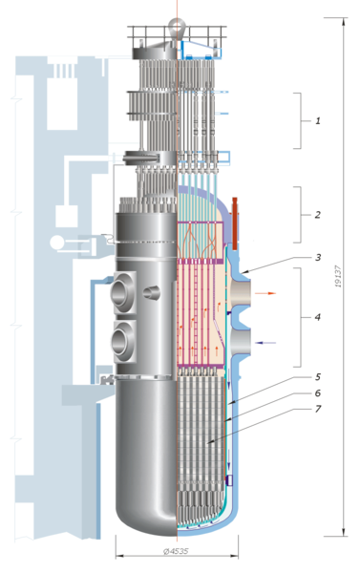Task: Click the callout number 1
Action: coord(318,121)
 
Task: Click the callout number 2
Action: coord(318,215)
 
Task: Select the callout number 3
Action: coord(318,257)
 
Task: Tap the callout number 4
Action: coord(318,316)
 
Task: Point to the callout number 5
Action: coord(318,376)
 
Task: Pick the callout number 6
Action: coord(318,393)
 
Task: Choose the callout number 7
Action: coord(318,411)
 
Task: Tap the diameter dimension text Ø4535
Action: coord(174,552)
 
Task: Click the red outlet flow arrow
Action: coord(272,295)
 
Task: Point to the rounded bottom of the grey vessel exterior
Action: coord(143,516)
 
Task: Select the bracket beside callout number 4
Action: coord(299,316)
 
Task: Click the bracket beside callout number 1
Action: coord(299,121)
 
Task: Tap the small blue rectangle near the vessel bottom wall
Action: coord(229,477)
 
